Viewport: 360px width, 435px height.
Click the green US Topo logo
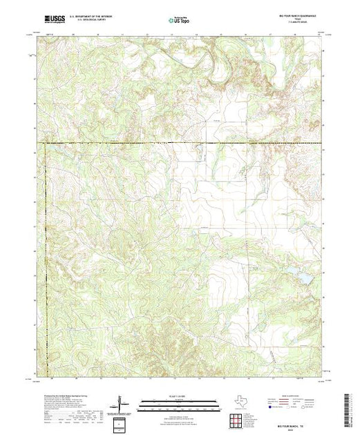[x=179, y=21]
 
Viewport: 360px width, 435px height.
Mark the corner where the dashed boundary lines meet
[x=45, y=144]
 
